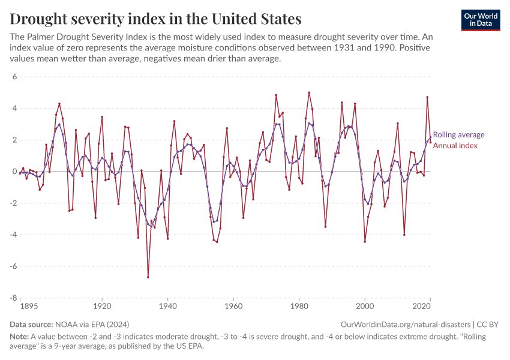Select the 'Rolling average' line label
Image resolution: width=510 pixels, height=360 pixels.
[458, 135]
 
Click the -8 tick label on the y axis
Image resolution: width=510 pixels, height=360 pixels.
[13, 298]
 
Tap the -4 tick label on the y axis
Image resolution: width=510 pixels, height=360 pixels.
[13, 235]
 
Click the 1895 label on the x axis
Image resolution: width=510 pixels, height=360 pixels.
[29, 306]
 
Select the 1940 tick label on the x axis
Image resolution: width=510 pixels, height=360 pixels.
[167, 306]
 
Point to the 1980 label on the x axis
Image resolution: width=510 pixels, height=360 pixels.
[299, 306]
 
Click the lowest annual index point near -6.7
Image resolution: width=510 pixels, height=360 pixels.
[148, 277]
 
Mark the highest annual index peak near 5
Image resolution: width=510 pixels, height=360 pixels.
[309, 92]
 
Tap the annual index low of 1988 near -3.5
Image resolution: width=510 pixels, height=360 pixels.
[325, 227]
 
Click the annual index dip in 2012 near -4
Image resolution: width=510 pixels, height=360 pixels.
[404, 235]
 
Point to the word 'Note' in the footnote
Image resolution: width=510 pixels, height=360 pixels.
[19, 337]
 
